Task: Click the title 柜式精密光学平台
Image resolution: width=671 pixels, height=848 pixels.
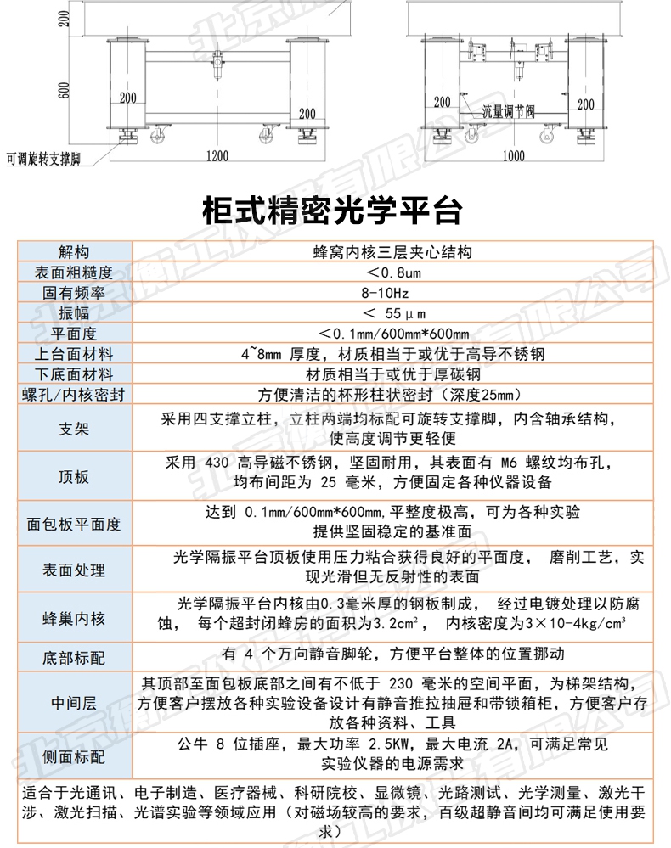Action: click(333, 209)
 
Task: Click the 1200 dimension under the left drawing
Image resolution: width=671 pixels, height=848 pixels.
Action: click(217, 155)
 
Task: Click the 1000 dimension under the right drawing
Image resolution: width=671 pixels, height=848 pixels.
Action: click(513, 155)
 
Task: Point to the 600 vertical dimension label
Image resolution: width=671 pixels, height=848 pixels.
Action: click(63, 90)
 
